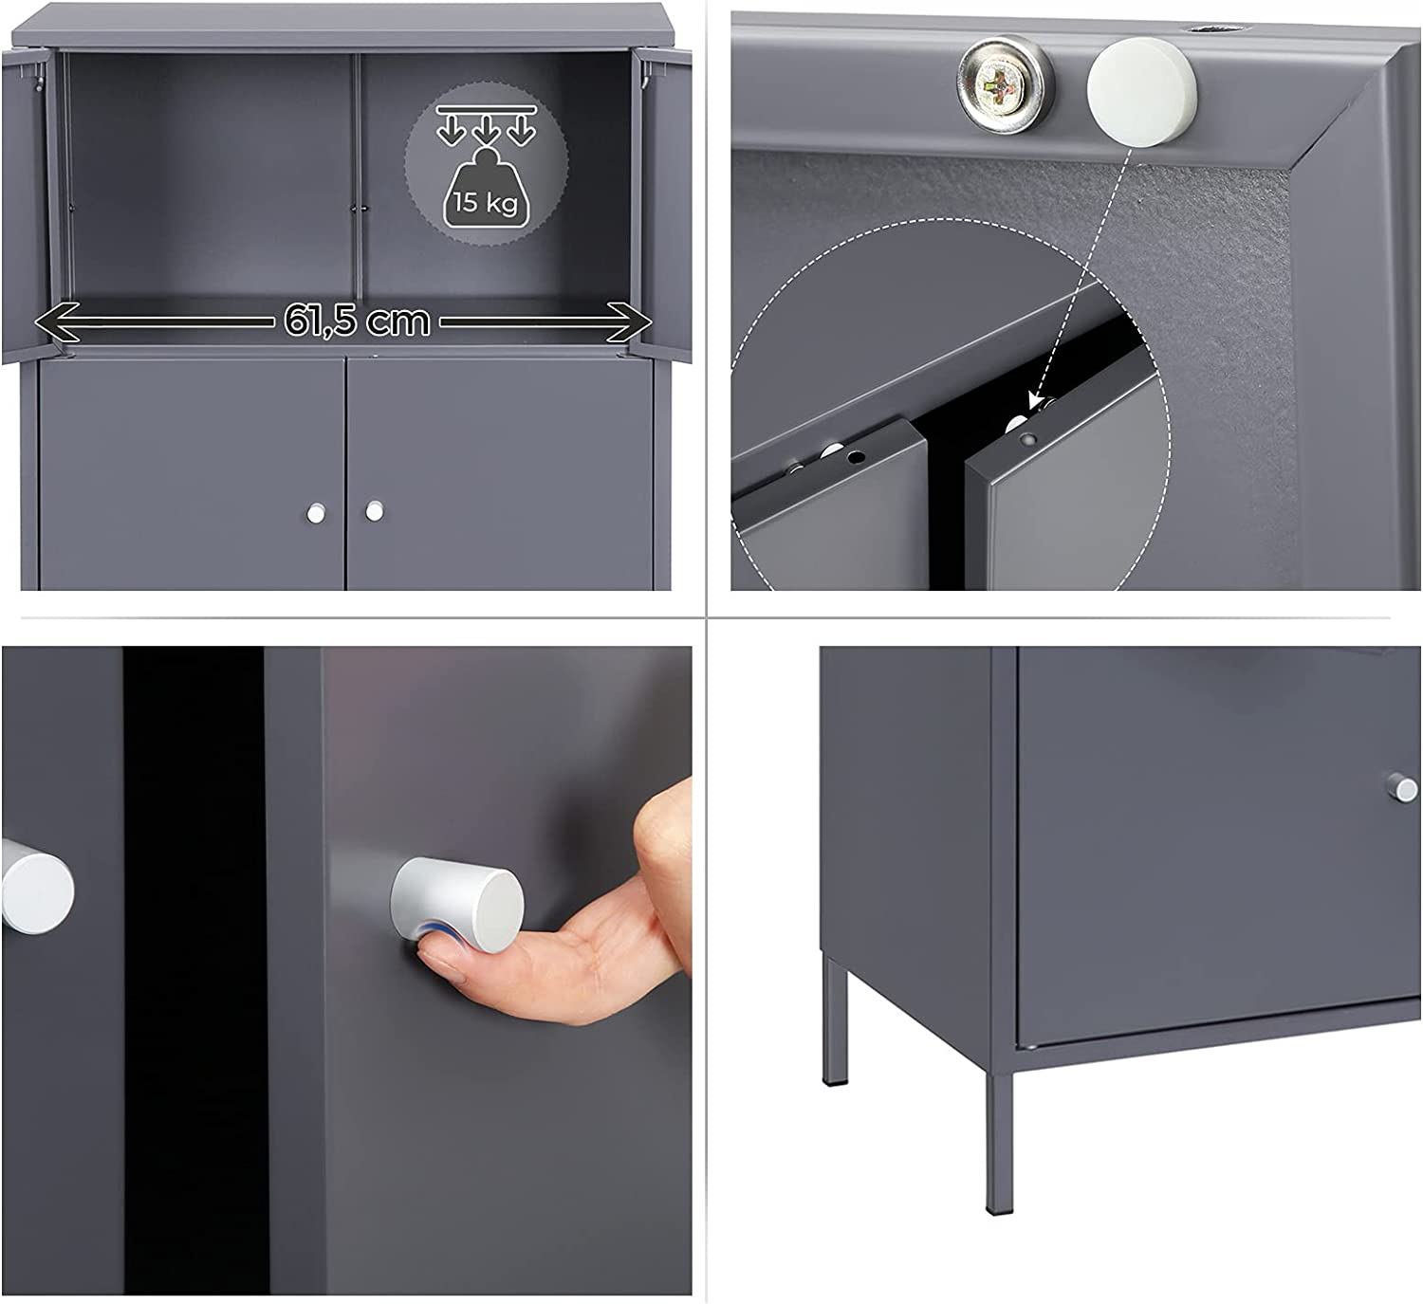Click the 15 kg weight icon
486,190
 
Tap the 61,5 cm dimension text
357,321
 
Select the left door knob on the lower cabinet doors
316,513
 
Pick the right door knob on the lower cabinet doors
374,510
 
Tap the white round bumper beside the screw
1141,92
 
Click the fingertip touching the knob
433,953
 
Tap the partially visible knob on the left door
37,892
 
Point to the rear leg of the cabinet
834,1020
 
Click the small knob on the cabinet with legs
1402,787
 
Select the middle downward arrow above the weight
486,131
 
